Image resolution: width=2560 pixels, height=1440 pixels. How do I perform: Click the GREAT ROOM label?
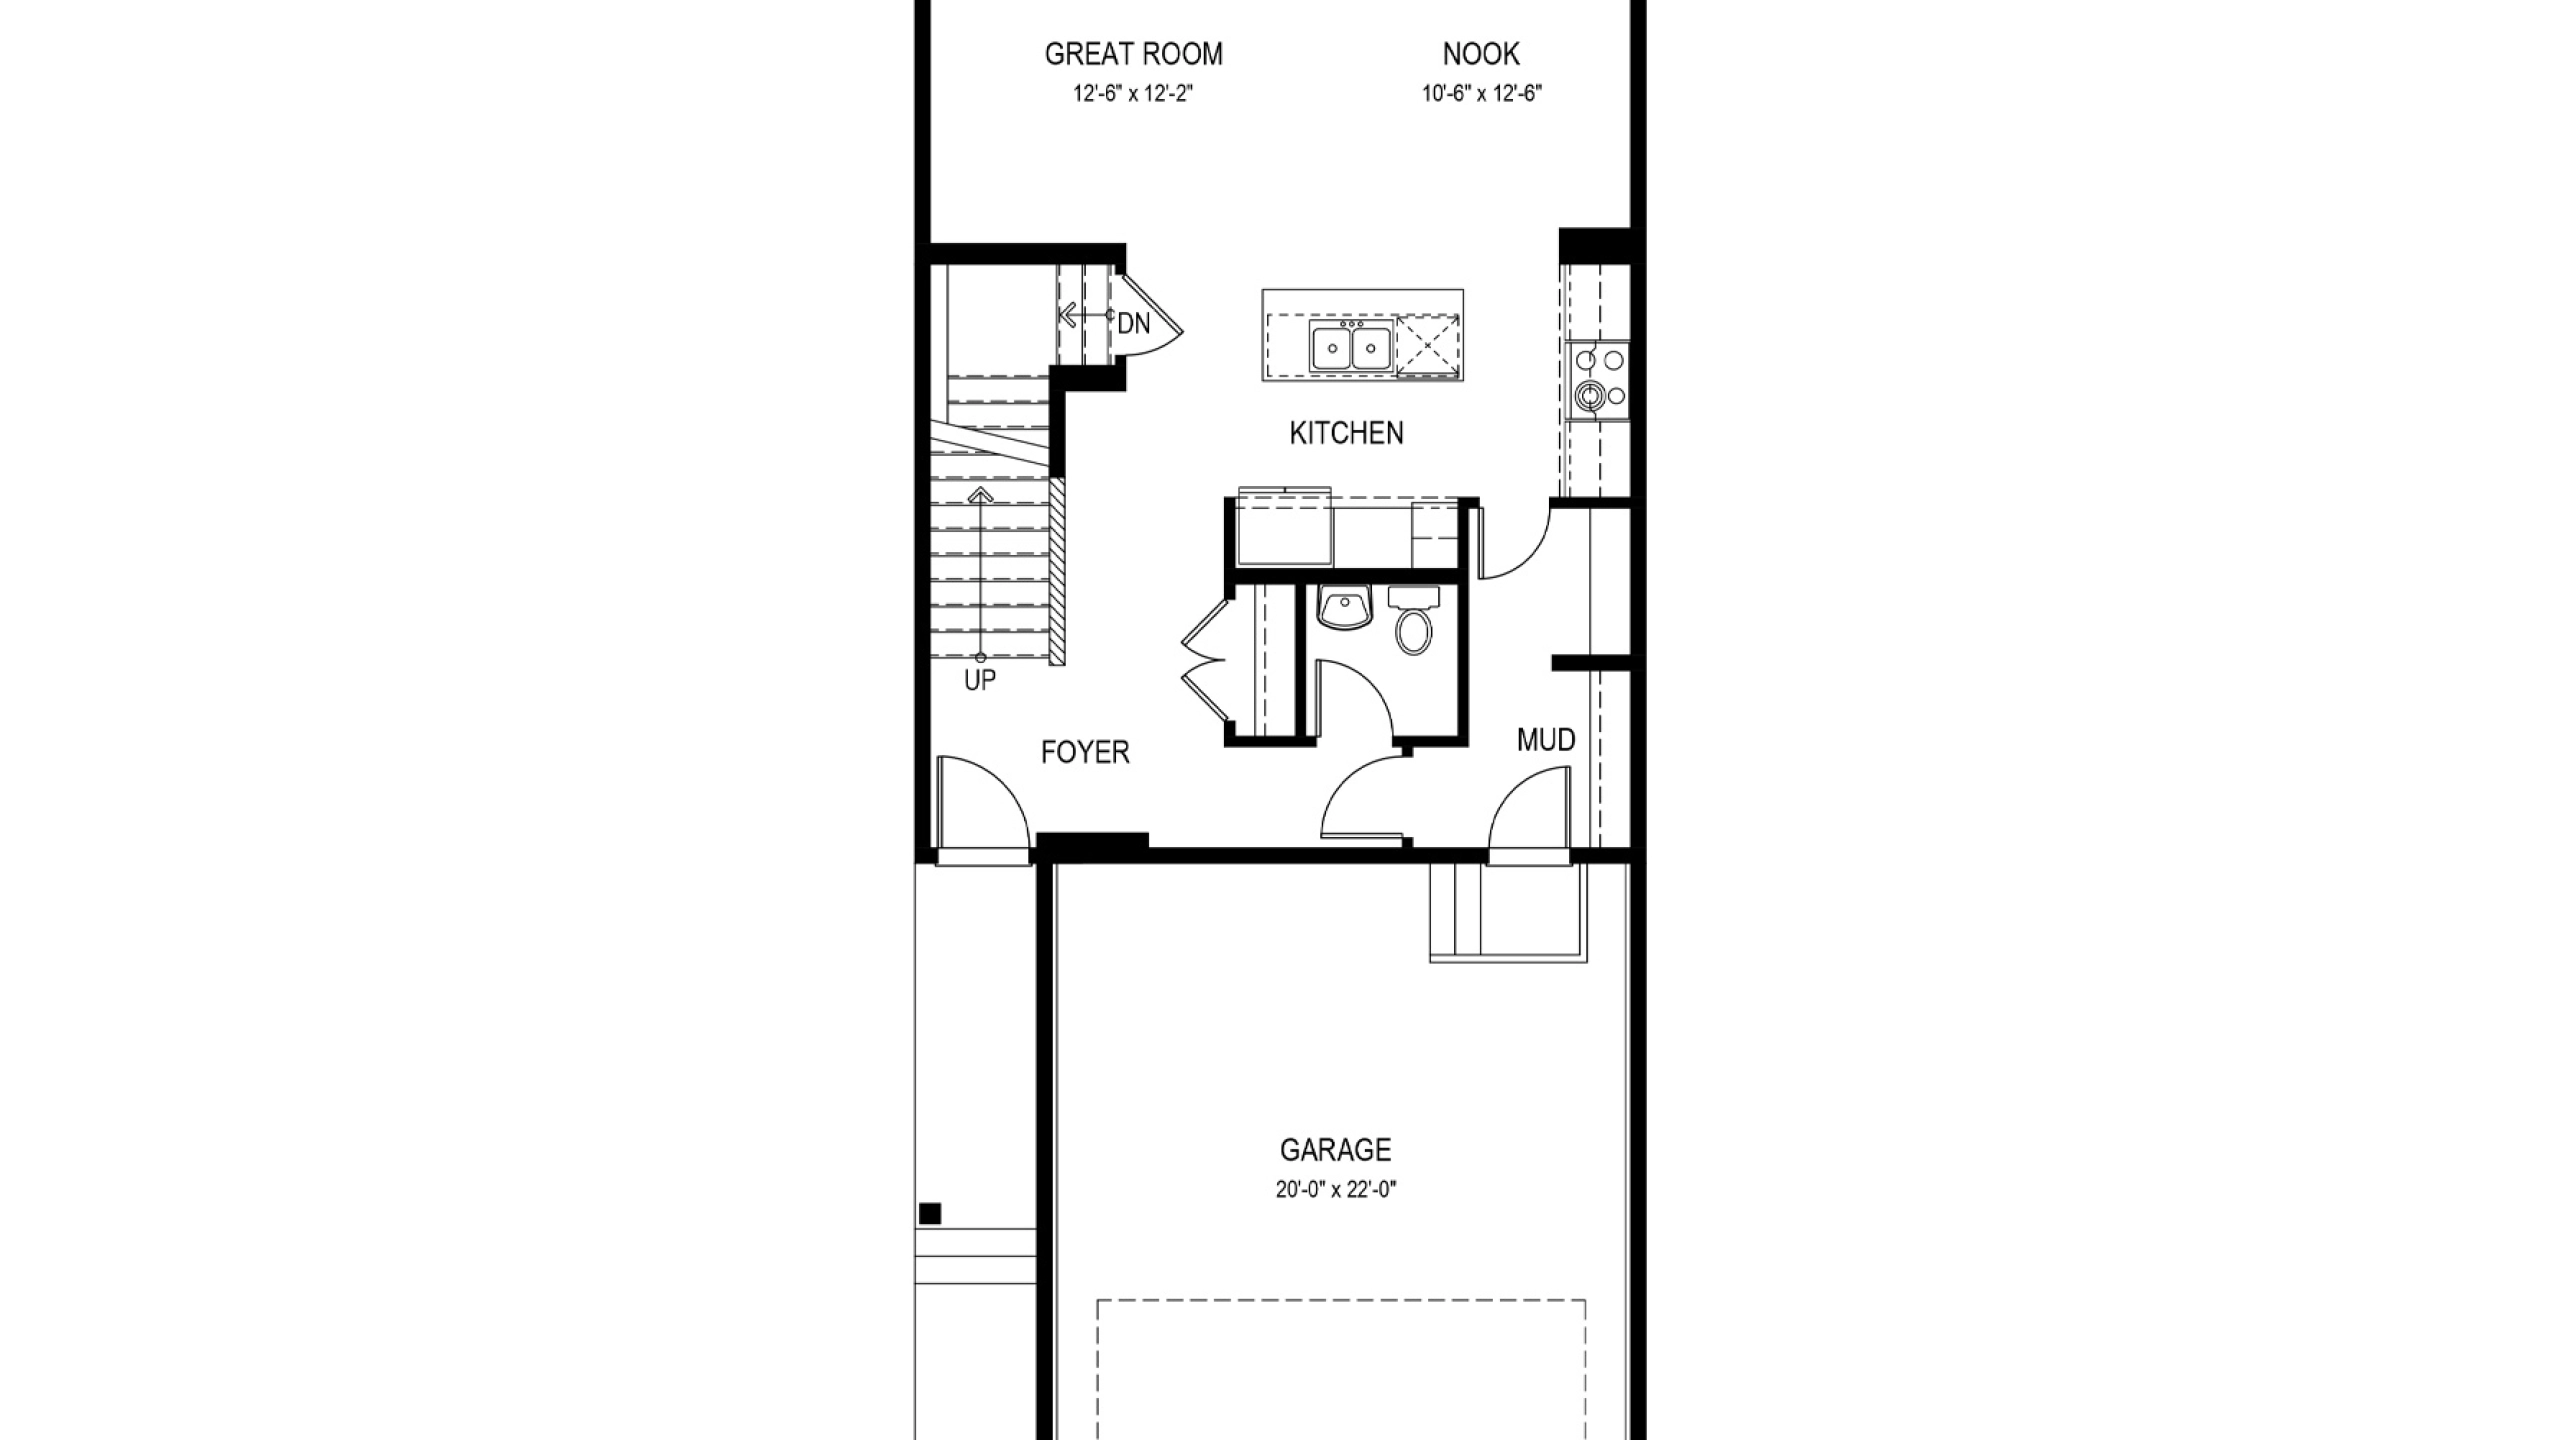coord(1133,54)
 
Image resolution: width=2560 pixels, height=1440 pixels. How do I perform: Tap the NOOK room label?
coord(1481,54)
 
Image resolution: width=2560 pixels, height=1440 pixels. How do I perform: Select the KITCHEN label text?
coord(1346,433)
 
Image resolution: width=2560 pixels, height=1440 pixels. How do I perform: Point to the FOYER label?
coord(1085,752)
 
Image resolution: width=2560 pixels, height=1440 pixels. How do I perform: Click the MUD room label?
coord(1546,740)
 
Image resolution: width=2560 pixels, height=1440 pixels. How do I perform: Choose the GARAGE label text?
coord(1335,1150)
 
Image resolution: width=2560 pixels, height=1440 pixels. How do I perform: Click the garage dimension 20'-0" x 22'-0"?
coord(1335,1190)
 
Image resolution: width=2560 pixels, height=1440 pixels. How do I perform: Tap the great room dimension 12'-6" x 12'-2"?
coord(1134,94)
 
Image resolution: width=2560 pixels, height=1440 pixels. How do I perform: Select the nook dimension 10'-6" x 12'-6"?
coord(1482,94)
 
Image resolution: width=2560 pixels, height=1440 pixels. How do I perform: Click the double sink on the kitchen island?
coord(1351,347)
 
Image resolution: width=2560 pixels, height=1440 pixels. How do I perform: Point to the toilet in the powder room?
coord(1413,621)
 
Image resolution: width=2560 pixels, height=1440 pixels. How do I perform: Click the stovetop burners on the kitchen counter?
coord(1597,381)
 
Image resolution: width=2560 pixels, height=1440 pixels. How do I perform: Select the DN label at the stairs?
coord(1134,324)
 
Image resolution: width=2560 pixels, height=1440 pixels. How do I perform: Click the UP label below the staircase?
coord(980,681)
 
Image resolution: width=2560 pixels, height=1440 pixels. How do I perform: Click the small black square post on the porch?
coord(930,1214)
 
